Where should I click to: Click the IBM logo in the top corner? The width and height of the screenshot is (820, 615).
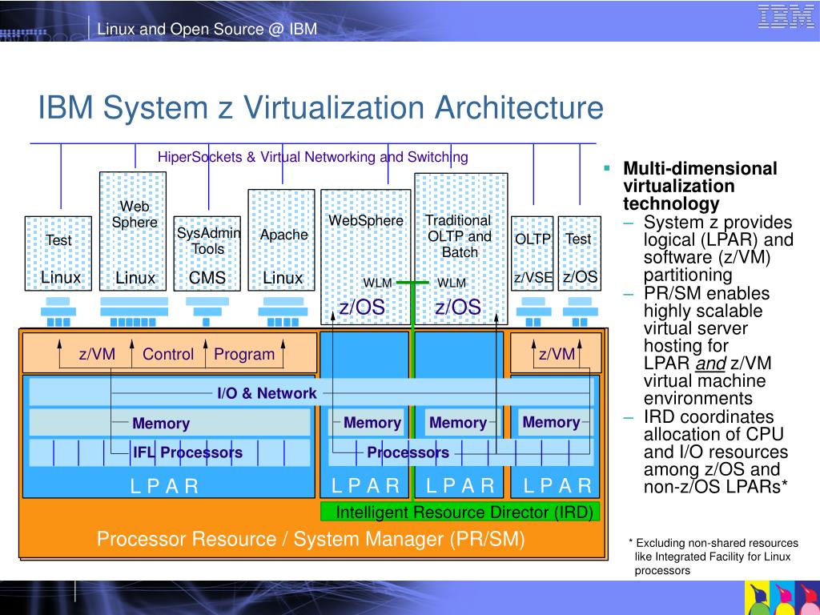pos(786,17)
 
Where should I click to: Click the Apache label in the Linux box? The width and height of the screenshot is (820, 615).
pos(283,235)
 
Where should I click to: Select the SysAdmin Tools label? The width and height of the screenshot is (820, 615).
pos(203,240)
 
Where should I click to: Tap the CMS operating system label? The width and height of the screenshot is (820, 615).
pos(207,278)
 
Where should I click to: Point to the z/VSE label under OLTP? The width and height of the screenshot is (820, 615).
pos(533,278)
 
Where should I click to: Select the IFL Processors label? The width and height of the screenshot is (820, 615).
pos(187,452)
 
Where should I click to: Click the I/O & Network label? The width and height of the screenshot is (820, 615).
pos(267,393)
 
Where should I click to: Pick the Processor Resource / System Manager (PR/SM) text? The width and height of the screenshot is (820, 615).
pos(311,539)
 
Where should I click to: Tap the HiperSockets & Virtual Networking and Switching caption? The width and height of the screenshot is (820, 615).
pos(312,157)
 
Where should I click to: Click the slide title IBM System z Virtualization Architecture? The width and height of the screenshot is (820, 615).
pos(320,107)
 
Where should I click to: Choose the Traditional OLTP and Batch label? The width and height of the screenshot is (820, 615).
pos(459,236)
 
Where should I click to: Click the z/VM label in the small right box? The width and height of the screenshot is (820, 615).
pos(557,354)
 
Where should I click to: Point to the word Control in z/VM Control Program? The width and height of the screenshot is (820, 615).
pos(168,354)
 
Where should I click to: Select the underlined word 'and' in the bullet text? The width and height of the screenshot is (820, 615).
pos(709,364)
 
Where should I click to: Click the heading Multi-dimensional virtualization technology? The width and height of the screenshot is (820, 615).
pos(700,186)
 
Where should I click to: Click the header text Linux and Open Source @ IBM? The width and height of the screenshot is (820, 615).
pos(207,30)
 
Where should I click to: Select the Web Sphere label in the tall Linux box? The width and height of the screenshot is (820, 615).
pos(135,215)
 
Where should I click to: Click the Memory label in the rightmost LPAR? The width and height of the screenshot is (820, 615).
pos(551,422)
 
